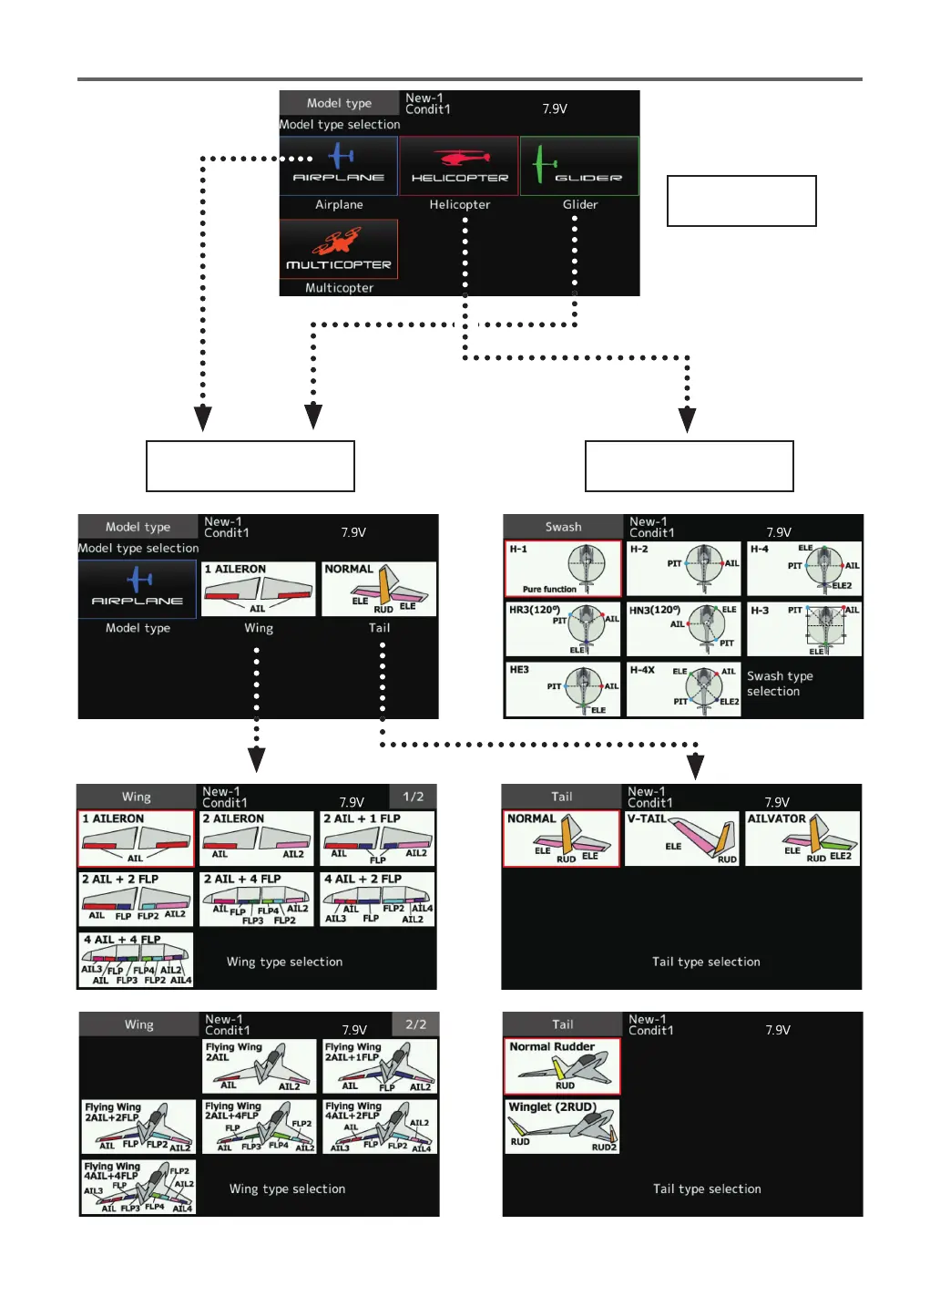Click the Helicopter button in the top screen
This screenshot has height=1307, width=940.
[x=459, y=166]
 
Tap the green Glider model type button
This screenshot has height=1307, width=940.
[x=579, y=166]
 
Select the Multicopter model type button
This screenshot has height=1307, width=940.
[x=339, y=249]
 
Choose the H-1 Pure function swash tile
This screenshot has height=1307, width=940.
[x=563, y=569]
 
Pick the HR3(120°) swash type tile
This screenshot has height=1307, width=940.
[x=563, y=629]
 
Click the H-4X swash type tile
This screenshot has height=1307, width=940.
[x=683, y=689]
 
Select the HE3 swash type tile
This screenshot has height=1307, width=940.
[x=563, y=689]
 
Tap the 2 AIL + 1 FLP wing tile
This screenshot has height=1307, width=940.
[x=378, y=838]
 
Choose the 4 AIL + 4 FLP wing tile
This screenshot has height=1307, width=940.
[x=137, y=960]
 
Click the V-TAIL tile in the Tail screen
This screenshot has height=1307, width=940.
[x=681, y=838]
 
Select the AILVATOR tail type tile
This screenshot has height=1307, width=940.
[x=802, y=838]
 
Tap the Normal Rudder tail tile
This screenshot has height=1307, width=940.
[x=562, y=1065]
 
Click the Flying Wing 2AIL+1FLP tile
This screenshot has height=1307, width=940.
[x=380, y=1065]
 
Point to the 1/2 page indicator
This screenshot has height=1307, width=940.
[x=414, y=797]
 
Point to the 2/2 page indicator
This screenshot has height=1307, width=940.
[x=415, y=1024]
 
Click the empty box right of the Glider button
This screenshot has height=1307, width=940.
[x=741, y=201]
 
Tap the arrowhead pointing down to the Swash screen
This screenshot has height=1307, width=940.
[x=688, y=419]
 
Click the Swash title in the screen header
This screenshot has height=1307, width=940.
[x=563, y=527]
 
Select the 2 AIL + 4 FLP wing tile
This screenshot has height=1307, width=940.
[x=258, y=899]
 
